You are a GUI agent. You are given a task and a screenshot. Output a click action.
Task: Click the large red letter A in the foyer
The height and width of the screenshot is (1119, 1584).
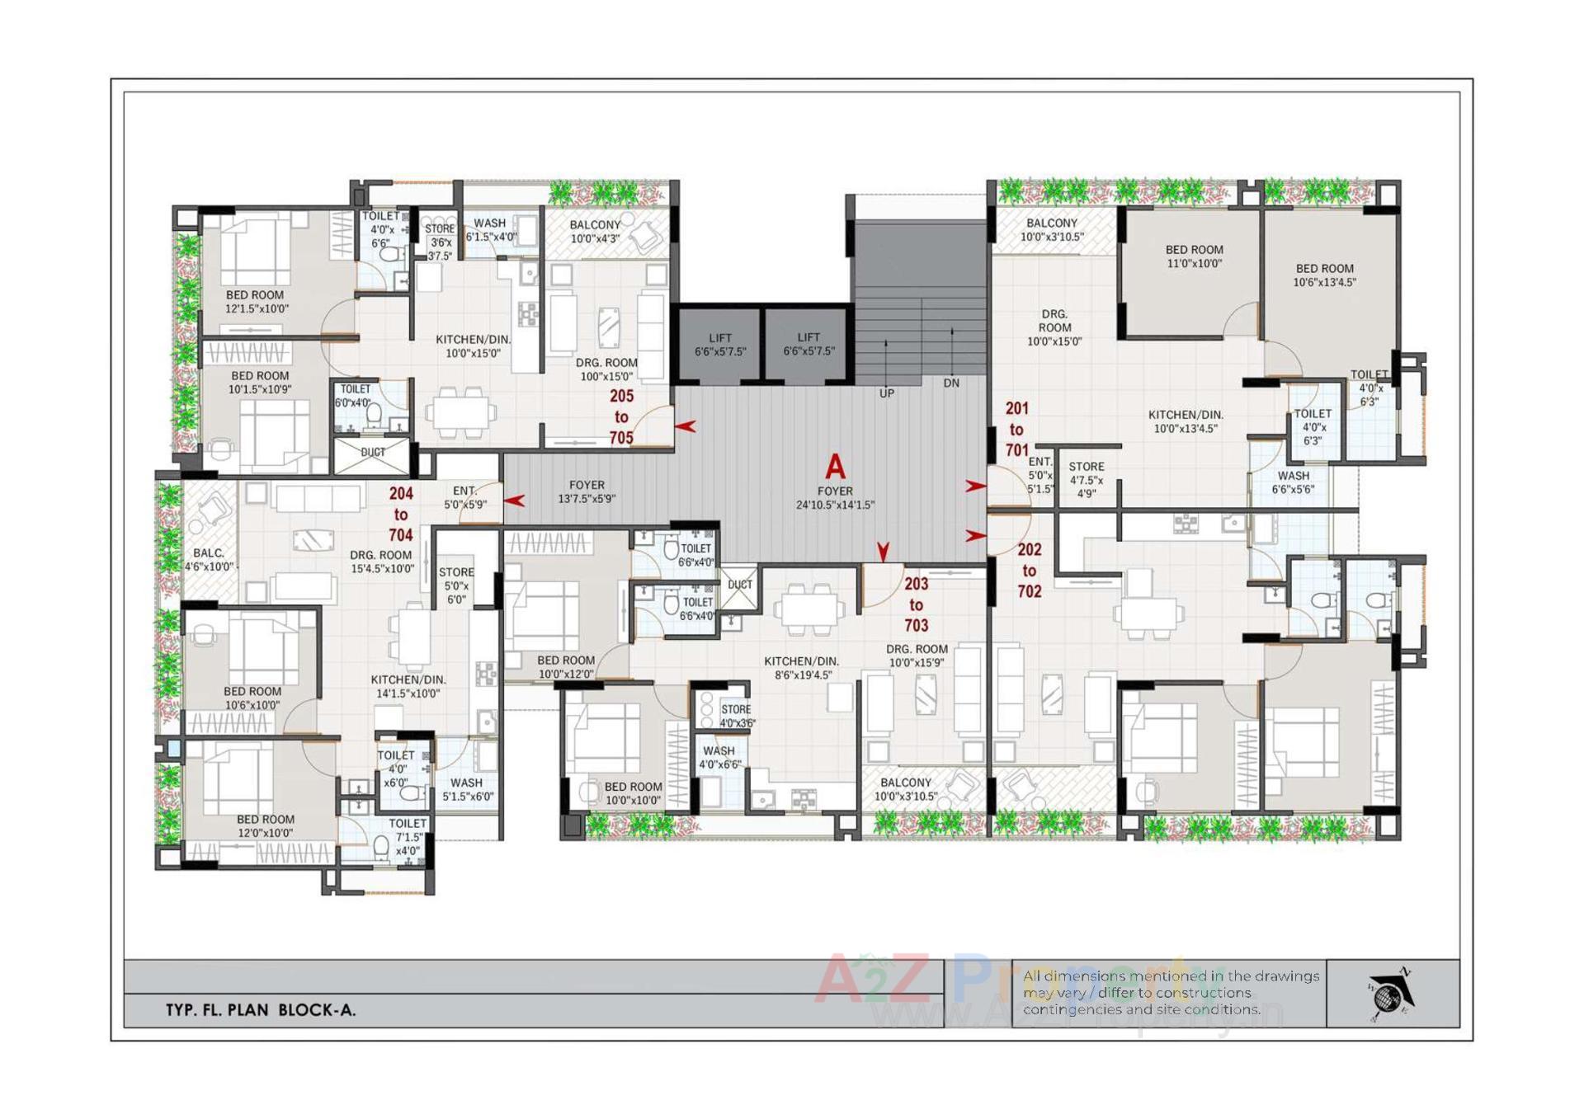tap(835, 467)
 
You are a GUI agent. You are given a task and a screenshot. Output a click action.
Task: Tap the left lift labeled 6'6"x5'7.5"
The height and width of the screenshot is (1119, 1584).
tap(719, 345)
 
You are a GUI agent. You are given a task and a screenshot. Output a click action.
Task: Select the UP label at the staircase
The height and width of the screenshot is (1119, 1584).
tap(886, 393)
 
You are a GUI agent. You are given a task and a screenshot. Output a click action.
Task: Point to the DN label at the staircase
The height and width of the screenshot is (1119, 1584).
tap(951, 383)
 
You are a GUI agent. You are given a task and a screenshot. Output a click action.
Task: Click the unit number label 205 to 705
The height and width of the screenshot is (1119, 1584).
tap(621, 417)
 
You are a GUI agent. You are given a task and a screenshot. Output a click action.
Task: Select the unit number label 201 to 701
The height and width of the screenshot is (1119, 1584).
tap(1016, 430)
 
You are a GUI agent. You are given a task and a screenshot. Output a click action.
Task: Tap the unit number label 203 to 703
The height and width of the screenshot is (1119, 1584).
tap(916, 604)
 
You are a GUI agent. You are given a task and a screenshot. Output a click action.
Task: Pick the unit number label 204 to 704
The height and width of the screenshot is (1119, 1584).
tap(401, 514)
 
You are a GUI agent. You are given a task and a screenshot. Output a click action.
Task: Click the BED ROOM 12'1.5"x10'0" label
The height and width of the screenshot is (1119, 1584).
tap(257, 302)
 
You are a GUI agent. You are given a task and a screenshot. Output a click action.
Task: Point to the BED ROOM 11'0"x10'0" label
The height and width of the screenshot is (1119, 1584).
tap(1194, 256)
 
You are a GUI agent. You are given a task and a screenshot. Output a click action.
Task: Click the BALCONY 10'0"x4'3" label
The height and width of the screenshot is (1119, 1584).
tap(595, 232)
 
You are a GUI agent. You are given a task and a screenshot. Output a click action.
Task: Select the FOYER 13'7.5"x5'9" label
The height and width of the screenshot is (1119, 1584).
tap(587, 491)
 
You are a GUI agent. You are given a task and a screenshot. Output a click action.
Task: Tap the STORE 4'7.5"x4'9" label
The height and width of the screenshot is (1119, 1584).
tap(1086, 479)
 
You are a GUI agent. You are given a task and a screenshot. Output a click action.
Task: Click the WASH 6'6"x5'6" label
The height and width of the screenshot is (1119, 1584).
tap(1293, 482)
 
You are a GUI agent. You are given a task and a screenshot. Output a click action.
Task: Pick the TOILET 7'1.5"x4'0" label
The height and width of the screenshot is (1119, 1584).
tap(408, 836)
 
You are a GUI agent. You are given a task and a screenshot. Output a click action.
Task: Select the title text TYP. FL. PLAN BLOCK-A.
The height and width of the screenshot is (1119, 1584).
tap(261, 1009)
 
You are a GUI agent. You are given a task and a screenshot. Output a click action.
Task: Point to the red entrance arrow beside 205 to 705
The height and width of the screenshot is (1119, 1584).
tap(686, 426)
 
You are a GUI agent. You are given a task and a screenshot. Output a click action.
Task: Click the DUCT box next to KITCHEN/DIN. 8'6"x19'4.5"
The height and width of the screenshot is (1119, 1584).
tap(739, 585)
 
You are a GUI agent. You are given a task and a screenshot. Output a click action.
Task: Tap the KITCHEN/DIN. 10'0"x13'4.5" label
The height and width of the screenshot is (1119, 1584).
tap(1186, 421)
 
